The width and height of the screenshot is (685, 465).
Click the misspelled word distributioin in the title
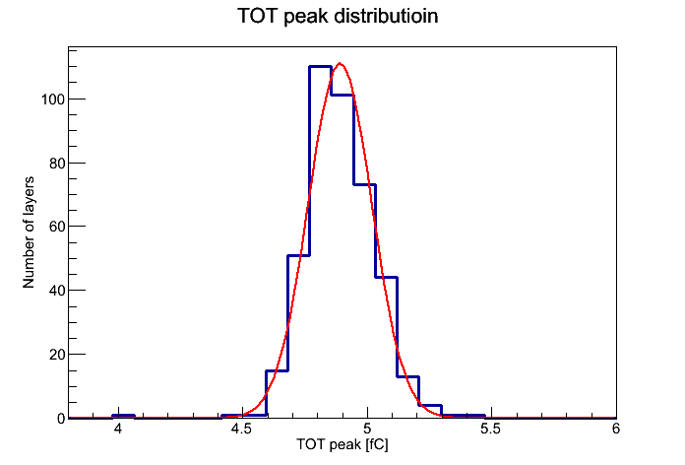(x=386, y=16)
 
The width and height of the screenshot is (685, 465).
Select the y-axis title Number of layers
(x=29, y=232)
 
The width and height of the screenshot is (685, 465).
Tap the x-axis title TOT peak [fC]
(x=342, y=444)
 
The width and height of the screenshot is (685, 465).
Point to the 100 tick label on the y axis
(x=53, y=100)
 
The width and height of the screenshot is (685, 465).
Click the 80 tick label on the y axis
(x=57, y=164)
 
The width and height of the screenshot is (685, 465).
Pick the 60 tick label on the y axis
(x=57, y=227)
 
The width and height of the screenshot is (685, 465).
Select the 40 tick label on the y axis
(x=57, y=291)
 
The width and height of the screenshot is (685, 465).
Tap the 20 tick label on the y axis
(x=57, y=355)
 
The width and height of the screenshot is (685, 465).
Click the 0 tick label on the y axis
(x=61, y=419)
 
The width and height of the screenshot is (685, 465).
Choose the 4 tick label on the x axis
(x=117, y=429)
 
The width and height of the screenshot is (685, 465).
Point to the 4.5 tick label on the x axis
(x=241, y=429)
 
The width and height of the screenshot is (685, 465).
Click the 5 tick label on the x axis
(x=367, y=429)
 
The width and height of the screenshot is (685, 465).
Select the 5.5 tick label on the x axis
(x=491, y=429)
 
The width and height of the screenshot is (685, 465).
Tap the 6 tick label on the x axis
(x=616, y=429)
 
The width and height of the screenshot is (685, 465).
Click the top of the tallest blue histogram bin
(x=320, y=66)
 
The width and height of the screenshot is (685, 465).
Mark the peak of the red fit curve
(x=341, y=64)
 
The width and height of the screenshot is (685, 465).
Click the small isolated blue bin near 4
(x=123, y=416)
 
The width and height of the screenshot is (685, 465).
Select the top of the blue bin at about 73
(x=365, y=185)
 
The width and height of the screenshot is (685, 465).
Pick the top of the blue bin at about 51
(x=298, y=255)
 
